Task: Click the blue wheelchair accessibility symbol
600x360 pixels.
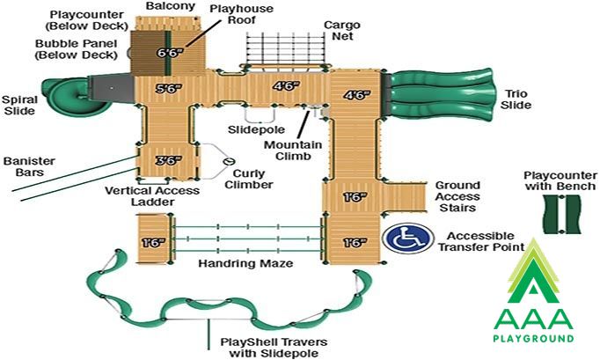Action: (408, 239)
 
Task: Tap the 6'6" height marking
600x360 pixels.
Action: (170, 53)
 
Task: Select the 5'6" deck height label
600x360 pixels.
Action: (168, 89)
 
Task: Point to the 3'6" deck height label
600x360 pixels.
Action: (168, 160)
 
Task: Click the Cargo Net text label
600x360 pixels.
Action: (342, 31)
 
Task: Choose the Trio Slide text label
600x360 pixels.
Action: (516, 99)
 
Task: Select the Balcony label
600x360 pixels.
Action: (171, 6)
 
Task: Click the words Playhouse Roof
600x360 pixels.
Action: (241, 14)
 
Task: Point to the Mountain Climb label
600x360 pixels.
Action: (293, 151)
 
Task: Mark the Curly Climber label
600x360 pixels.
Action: (249, 180)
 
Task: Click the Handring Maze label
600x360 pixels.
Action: (245, 263)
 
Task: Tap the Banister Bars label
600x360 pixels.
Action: (29, 166)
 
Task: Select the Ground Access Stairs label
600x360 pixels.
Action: (457, 196)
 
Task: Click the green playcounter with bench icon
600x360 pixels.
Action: (562, 214)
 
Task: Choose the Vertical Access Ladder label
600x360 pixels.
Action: (152, 196)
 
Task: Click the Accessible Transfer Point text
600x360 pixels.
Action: (481, 242)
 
